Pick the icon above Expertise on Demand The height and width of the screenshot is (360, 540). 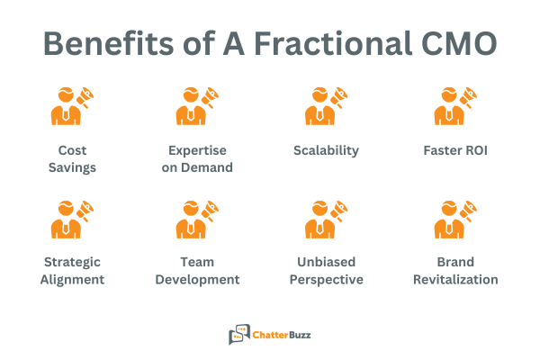pos(197,106)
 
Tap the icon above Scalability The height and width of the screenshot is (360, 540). pos(325,106)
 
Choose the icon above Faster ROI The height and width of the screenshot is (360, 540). pos(455,106)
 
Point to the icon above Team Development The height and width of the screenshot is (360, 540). pos(197,220)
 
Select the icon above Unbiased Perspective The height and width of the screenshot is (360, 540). pos(325,220)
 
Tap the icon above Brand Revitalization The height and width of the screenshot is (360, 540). pos(455,220)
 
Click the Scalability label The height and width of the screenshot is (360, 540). pos(326,150)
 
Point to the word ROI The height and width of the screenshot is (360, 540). pos(475,150)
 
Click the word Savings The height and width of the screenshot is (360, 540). pos(72,167)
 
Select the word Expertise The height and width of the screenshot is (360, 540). pos(197,150)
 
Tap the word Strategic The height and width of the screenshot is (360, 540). pos(72,262)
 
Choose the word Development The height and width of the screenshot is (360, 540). pos(197,279)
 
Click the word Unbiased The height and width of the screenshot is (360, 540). pos(326,262)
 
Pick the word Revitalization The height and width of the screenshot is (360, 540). pos(455,279)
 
